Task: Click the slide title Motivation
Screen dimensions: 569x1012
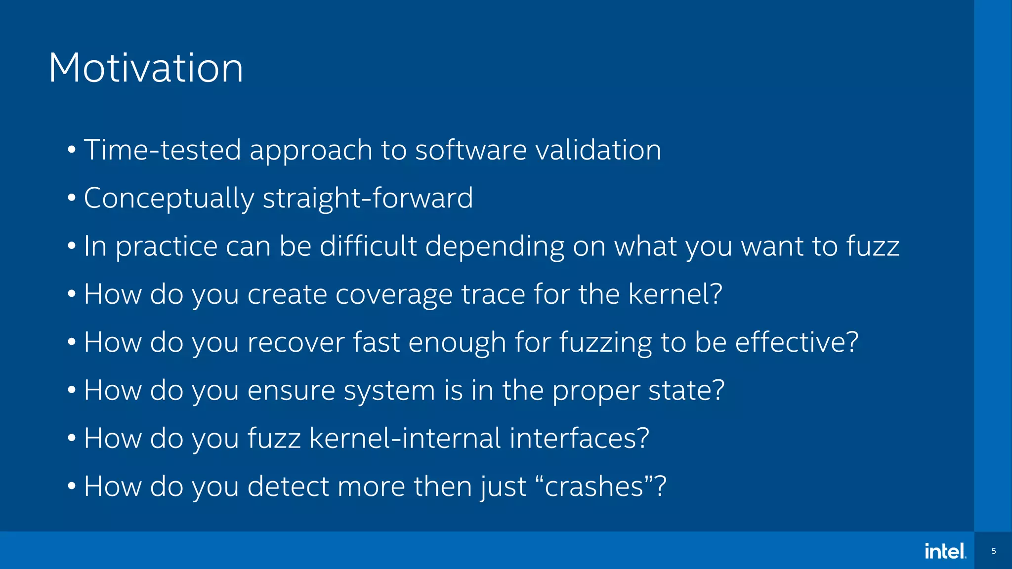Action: [146, 68]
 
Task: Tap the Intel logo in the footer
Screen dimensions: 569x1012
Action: [945, 551]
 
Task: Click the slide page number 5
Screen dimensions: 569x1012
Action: [994, 551]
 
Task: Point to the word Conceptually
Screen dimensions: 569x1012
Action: [169, 199]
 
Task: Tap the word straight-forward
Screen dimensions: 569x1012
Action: [368, 198]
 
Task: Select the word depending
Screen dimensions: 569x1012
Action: [495, 246]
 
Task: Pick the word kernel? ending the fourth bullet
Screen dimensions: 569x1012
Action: [675, 294]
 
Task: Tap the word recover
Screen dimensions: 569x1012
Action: [295, 342]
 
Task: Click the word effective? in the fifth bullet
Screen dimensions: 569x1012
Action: [797, 342]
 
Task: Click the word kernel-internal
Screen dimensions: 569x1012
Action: [405, 438]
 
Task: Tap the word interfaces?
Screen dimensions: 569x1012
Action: [579, 438]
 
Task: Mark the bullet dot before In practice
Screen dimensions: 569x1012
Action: [72, 245]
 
